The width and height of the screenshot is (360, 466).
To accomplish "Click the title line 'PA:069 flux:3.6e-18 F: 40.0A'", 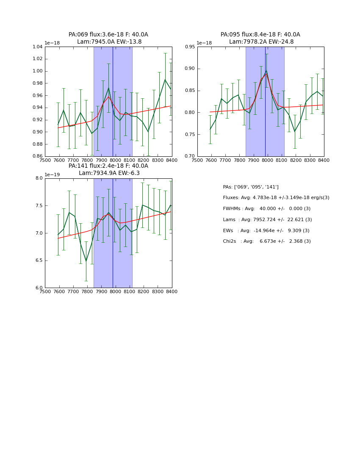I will point(108,35).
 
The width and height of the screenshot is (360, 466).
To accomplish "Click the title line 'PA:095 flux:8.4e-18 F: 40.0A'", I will point(260,35).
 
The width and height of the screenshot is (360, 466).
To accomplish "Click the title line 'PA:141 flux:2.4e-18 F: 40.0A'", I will point(108,166).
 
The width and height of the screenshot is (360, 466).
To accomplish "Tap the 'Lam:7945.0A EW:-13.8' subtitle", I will point(109,42).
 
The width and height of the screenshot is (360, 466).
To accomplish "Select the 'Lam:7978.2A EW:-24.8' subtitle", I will point(261,42).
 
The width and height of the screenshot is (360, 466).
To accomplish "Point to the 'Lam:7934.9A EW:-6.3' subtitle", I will point(109,173).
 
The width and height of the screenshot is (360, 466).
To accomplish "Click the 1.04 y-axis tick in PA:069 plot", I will point(37,47).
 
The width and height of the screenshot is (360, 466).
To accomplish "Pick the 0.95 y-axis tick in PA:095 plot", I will point(190,47).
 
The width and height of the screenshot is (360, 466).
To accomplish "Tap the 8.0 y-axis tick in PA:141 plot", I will point(39,178).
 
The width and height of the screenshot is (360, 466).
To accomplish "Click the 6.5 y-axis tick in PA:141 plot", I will point(39,261).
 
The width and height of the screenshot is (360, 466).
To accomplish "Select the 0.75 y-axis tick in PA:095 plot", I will point(190,135).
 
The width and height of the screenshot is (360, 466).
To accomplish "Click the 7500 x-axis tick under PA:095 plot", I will point(197,160).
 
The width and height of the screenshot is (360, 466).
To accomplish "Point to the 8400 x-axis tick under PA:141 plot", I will point(172,291).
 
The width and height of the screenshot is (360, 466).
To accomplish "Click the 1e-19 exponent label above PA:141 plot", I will point(53,175).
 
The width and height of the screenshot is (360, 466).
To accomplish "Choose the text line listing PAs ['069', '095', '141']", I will point(251,187).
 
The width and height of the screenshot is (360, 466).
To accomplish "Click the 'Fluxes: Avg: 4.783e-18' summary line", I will point(276,198).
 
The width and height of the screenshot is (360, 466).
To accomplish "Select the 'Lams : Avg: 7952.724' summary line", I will point(267,220).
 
